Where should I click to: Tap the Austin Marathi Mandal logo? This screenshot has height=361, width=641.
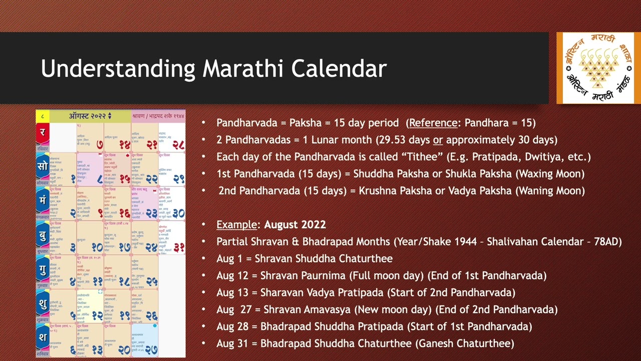(598, 68)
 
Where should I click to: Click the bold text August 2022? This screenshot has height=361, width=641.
(295, 225)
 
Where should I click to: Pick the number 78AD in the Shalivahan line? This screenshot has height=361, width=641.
(607, 242)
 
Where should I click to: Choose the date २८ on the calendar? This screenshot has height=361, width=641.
(178, 145)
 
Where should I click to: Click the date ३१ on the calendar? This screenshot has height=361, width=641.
(179, 247)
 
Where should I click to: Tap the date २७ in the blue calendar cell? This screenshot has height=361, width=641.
(151, 349)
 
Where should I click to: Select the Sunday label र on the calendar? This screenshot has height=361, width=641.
(43, 133)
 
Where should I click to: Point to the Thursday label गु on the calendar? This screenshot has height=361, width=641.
(43, 270)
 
